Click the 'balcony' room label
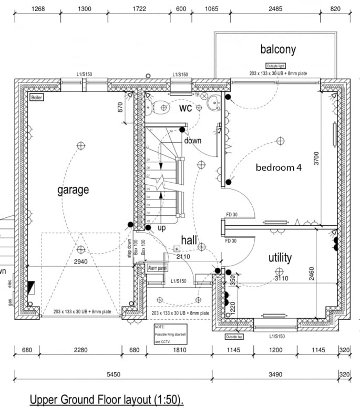[278, 50]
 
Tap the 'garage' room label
[73, 190]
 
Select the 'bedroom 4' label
[279, 168]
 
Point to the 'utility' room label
[280, 258]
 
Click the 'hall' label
[189, 240]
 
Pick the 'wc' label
[186, 108]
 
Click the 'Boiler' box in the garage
[36, 98]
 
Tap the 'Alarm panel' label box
[158, 268]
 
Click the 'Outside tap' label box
[234, 337]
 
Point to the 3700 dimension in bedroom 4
[316, 158]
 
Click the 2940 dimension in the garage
[80, 261]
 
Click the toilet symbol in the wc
[158, 107]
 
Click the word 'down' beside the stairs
[192, 141]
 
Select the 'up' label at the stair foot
[162, 228]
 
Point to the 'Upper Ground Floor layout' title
[107, 401]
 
